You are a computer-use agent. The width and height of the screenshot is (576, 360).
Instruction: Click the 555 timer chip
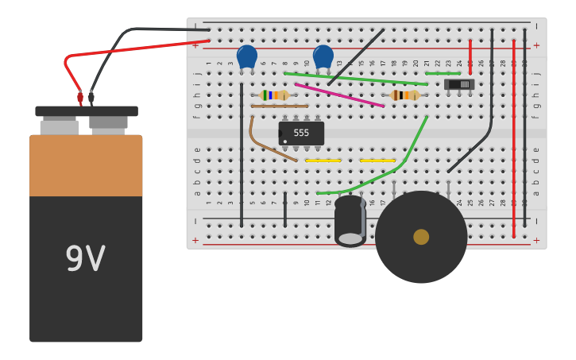[x=301, y=133]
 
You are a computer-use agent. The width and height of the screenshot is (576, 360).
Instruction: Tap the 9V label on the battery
[x=85, y=259]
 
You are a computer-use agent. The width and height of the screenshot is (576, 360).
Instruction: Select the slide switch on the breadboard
[x=458, y=84]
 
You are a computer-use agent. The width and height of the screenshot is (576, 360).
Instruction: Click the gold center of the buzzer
[x=421, y=237]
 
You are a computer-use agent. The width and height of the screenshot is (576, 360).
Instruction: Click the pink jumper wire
[x=339, y=95]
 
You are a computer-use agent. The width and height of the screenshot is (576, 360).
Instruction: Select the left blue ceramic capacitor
[x=247, y=56]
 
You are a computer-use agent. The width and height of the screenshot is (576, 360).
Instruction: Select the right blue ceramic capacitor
[x=323, y=56]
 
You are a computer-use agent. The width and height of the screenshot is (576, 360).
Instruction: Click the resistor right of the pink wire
[x=405, y=95]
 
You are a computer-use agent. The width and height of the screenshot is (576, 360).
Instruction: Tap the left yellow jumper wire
[x=323, y=161]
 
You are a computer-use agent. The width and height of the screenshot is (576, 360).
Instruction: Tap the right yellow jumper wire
[x=377, y=161]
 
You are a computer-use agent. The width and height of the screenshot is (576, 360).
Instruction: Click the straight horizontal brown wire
[x=279, y=106]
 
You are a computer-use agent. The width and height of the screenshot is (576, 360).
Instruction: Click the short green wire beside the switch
[x=443, y=73]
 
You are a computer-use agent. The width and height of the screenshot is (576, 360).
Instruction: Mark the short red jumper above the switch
[x=470, y=52]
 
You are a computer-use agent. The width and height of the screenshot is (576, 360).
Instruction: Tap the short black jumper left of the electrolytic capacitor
[x=285, y=209]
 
